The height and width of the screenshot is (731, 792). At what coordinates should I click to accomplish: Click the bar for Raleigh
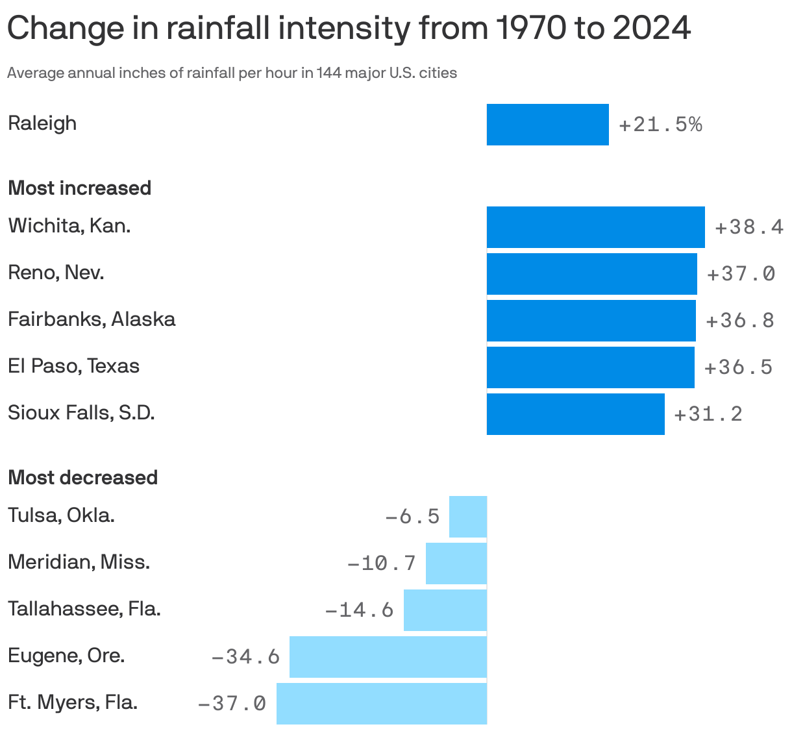point(547,125)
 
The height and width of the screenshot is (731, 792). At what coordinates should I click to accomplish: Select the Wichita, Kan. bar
point(595,227)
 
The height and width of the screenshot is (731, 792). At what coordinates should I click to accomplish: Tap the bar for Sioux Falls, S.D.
point(575,414)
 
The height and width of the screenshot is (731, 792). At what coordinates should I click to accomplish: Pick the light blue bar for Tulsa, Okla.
point(467,517)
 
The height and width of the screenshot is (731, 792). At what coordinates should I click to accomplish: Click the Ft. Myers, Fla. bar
point(381,704)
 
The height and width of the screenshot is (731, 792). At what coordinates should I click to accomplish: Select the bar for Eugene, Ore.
point(388,657)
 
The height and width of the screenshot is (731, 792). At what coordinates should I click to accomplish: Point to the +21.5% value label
point(660,125)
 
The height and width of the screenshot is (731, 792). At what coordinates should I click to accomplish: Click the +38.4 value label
point(749,227)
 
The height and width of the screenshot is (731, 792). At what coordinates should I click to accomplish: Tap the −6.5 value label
point(412,517)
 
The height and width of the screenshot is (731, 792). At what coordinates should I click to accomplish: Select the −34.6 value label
point(245,657)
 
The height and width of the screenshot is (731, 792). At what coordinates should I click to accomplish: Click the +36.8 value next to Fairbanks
point(740,321)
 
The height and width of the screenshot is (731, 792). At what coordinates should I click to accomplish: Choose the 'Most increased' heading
point(79,188)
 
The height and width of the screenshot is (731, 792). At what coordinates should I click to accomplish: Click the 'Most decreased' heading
point(82,478)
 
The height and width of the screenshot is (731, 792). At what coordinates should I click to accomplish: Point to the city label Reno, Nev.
point(56,273)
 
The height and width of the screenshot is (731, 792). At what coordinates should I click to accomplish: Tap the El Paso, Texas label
point(73,366)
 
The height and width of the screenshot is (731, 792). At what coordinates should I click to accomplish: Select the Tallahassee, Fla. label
point(84,609)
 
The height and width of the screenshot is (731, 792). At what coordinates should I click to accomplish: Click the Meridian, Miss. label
point(79,562)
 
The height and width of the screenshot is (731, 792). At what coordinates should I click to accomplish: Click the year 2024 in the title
point(651,29)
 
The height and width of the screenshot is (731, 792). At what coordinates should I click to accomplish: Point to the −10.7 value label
point(382,564)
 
